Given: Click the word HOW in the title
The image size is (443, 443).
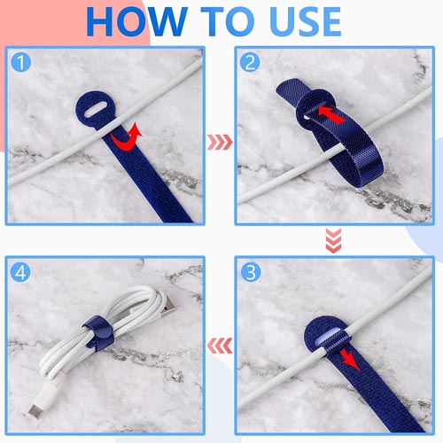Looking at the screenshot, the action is pyautogui.click(x=136, y=21).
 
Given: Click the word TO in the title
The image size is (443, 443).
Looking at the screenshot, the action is pyautogui.click(x=229, y=21).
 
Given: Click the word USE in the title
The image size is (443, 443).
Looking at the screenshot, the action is pyautogui.click(x=306, y=21).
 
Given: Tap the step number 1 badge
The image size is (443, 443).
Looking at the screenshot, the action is pyautogui.click(x=21, y=62).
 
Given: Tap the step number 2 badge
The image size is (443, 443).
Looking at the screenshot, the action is pyautogui.click(x=250, y=62).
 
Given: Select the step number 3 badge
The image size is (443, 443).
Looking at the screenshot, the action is pyautogui.click(x=251, y=272).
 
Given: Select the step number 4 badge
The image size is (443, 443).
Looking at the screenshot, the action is pyautogui.click(x=21, y=272).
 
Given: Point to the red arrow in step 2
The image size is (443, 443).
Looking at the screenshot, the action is pyautogui.click(x=330, y=114).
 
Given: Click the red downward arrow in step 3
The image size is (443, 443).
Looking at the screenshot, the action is pyautogui.click(x=350, y=360).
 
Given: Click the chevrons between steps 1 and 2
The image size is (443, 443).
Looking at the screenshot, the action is pyautogui.click(x=220, y=142).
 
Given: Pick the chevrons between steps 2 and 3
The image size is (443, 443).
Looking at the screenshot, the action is pyautogui.click(x=333, y=240).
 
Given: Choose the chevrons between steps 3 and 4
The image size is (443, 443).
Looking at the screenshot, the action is pyautogui.click(x=220, y=346).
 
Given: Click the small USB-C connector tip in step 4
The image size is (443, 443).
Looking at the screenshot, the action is pyautogui.click(x=35, y=410).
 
